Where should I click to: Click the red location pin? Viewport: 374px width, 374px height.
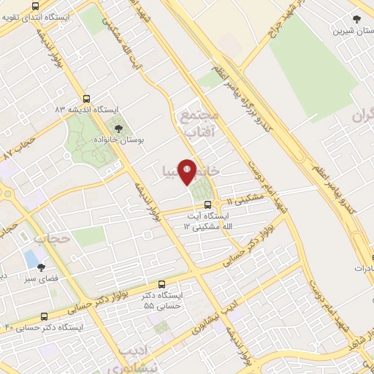click(x=188, y=172)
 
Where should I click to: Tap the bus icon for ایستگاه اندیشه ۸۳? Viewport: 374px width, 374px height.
click(x=87, y=98)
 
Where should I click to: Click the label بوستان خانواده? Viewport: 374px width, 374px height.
click(x=121, y=137)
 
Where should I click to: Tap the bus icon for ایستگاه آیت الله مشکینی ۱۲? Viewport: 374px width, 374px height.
click(x=207, y=205)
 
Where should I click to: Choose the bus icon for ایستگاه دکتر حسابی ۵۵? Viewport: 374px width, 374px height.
click(x=161, y=284)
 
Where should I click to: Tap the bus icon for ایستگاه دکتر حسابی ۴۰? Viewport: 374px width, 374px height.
click(x=45, y=317)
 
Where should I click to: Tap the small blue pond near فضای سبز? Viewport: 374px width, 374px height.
click(x=31, y=258)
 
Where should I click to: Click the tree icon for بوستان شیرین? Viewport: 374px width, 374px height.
click(x=356, y=20)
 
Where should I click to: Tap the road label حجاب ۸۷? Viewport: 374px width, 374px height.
click(x=20, y=145)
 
